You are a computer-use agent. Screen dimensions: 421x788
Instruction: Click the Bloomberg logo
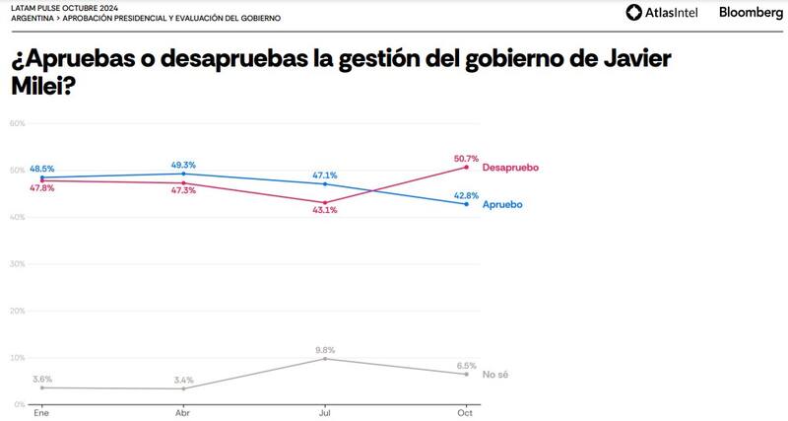click(x=751, y=13)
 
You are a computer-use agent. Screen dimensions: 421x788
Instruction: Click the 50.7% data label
click(x=465, y=158)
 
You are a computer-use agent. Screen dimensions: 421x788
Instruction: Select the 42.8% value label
click(x=465, y=194)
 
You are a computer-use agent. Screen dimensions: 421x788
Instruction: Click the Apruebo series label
click(x=502, y=205)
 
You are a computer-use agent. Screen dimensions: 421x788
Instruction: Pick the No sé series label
click(x=495, y=375)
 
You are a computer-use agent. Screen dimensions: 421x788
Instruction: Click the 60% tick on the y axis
click(x=17, y=123)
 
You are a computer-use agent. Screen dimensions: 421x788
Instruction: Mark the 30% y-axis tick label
click(x=17, y=264)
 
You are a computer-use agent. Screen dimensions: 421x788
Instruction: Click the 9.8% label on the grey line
click(x=325, y=348)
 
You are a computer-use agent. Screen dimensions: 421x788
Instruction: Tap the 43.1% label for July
click(x=325, y=212)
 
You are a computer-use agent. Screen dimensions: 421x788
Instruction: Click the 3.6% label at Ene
click(x=41, y=378)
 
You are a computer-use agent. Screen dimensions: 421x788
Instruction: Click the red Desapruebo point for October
click(x=466, y=168)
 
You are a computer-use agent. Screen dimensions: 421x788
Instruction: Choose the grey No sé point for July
click(x=325, y=359)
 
